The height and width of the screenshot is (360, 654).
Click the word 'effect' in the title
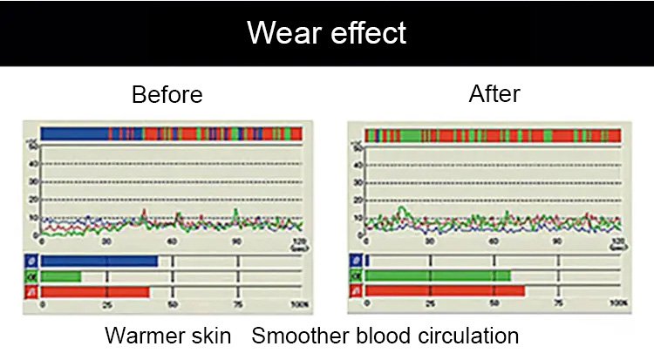(x=367, y=32)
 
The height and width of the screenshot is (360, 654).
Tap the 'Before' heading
(x=167, y=94)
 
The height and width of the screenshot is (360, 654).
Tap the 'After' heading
(x=495, y=93)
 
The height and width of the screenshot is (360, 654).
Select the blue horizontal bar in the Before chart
(x=99, y=261)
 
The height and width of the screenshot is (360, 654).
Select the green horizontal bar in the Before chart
(x=61, y=276)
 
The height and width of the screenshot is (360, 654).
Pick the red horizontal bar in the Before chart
(x=95, y=292)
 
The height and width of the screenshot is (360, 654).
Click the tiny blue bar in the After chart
(x=368, y=261)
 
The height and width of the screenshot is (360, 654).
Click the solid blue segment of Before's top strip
(x=74, y=133)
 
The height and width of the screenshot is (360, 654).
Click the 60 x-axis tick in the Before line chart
(x=172, y=241)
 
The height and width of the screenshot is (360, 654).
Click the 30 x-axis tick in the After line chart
(x=430, y=241)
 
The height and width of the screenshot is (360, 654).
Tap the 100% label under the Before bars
(x=299, y=305)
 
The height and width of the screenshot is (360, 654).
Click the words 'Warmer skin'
(x=168, y=336)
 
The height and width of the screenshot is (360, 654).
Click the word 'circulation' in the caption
(x=470, y=336)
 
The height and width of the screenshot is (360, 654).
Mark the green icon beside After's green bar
(x=355, y=276)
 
